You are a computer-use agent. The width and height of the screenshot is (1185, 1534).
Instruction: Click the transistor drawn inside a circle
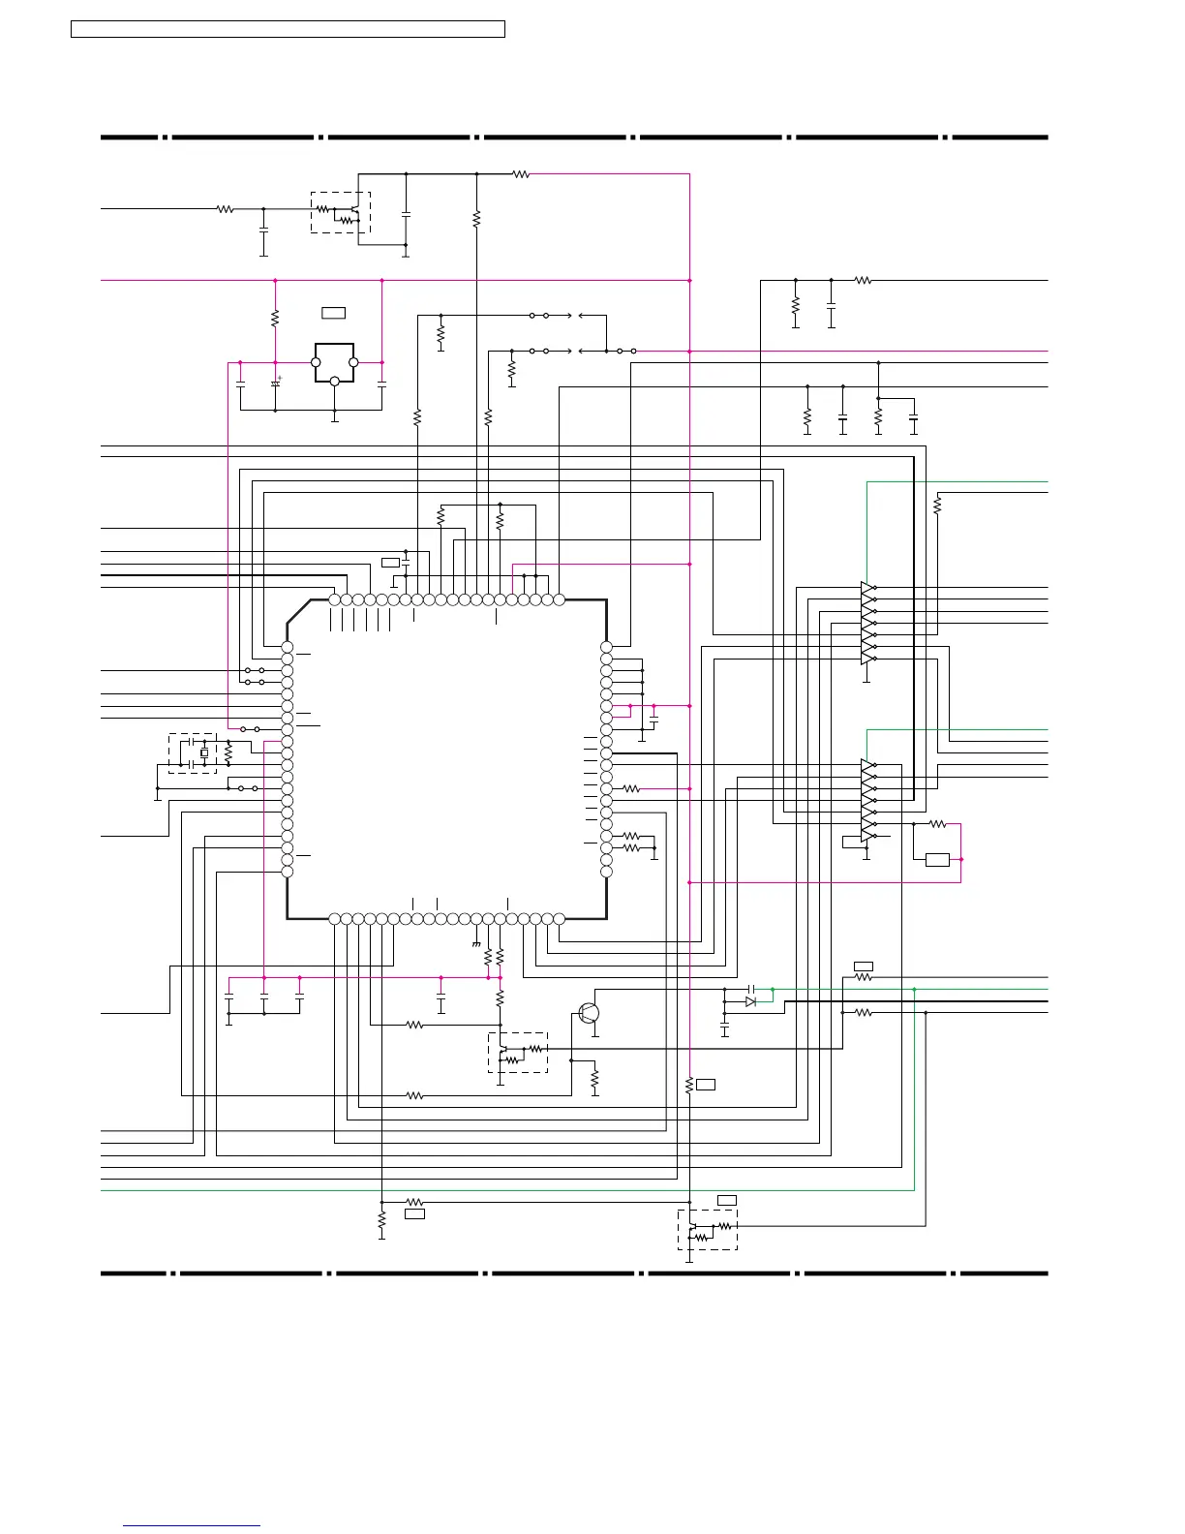point(589,1013)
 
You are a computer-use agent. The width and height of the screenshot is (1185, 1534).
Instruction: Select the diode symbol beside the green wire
point(750,1001)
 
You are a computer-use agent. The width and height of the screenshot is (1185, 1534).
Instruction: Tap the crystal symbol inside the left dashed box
point(204,752)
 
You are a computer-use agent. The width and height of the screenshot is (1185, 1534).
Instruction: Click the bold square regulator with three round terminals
point(334,362)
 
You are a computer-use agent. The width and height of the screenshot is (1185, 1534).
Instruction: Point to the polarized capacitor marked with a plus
point(276,383)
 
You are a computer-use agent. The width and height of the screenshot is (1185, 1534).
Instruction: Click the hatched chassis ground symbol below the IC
point(476,944)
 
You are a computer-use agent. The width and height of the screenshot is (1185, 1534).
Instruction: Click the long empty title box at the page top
point(288,29)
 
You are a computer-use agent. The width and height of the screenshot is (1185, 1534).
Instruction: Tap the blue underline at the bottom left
point(192,1526)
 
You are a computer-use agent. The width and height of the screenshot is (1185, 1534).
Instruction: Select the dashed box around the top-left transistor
point(340,212)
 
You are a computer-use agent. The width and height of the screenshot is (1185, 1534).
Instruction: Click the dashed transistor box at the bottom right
point(707,1230)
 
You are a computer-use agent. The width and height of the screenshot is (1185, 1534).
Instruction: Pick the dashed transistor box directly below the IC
point(518,1053)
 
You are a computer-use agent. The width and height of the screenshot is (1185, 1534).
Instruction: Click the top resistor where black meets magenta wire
point(521,174)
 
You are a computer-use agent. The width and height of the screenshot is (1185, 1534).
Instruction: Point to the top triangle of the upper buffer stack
point(867,588)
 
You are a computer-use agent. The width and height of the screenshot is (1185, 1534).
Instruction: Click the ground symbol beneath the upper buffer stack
point(866,680)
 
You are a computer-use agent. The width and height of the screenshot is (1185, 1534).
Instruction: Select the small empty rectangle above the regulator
point(333,313)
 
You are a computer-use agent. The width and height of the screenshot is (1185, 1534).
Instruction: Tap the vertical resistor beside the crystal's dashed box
point(228,752)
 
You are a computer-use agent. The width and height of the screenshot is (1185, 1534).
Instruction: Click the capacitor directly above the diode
point(751,989)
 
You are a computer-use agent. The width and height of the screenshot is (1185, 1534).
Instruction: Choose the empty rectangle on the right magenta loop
point(937,859)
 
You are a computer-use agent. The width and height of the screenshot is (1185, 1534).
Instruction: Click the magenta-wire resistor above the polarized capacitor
point(275,318)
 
